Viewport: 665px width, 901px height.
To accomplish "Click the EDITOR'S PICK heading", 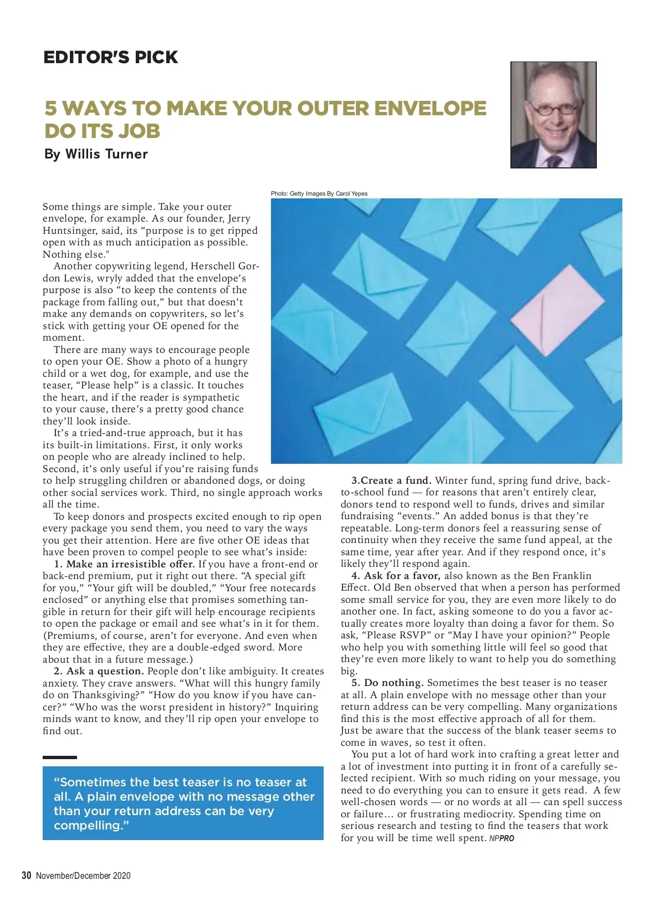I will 110,57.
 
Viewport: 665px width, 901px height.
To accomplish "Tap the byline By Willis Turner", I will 96,154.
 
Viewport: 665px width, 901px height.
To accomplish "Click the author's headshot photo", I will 553,115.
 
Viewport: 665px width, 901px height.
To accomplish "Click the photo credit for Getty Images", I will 319,193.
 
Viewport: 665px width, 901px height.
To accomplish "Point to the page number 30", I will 26,876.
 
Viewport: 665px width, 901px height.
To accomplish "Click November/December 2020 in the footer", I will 83,876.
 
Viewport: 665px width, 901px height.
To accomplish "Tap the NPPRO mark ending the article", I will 502,838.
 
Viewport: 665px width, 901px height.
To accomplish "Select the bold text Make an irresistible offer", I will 130,564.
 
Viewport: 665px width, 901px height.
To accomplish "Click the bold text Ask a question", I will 105,671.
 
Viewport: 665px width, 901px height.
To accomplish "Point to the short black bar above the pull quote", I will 60,757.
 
